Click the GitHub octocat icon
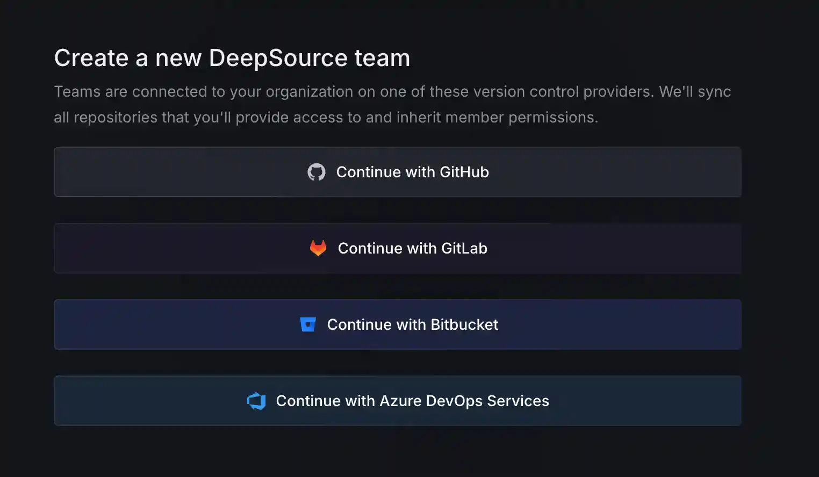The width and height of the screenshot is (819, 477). click(317, 172)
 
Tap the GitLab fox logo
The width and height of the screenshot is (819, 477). click(318, 248)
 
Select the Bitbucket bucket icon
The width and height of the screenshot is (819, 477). click(308, 324)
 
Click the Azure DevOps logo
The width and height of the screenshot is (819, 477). click(257, 401)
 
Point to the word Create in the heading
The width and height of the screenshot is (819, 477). click(91, 58)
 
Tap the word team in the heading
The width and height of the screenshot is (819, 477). click(382, 58)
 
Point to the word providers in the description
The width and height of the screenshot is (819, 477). click(618, 92)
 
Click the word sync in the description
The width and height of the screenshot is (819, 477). click(714, 92)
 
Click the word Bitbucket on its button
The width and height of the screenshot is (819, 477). click(464, 324)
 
